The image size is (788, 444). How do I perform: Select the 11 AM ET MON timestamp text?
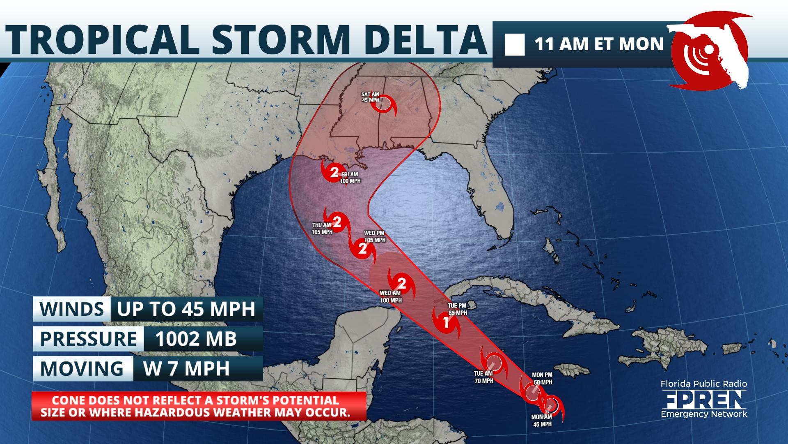click(599, 44)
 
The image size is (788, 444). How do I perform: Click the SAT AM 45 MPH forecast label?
click(370, 97)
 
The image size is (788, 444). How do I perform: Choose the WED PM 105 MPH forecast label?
click(375, 237)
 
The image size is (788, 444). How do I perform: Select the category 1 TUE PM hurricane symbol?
click(446, 322)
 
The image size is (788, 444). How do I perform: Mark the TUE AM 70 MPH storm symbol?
click(494, 363)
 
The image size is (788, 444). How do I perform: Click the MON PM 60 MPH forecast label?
click(542, 379)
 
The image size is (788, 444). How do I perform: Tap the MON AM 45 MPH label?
click(542, 421)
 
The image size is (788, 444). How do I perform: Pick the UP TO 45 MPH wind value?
click(186, 309)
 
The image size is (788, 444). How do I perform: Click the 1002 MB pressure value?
click(196, 339)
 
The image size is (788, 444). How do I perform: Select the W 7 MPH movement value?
click(186, 368)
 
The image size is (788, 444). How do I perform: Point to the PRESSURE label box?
click(88, 339)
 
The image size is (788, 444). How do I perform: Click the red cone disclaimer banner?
click(199, 406)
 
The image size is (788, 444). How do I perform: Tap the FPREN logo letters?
click(704, 399)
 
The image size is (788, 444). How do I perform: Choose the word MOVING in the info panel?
click(82, 368)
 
